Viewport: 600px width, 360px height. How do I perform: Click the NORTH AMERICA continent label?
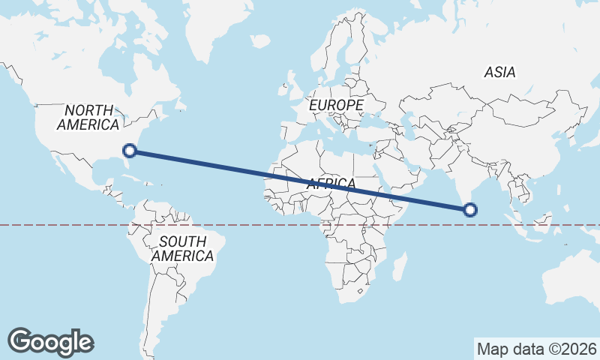(x=88, y=117)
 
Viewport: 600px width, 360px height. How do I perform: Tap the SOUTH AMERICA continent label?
(x=182, y=248)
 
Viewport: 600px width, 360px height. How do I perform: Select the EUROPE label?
(x=337, y=105)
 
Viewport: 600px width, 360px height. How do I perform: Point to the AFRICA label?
(x=331, y=184)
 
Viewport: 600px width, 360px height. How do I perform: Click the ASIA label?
(x=499, y=73)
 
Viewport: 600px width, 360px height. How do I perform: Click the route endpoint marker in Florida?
(x=130, y=151)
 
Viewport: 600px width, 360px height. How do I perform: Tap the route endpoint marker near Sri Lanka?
(x=470, y=210)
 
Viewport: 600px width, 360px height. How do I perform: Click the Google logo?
(x=50, y=342)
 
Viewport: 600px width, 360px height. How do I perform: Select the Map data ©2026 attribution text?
(x=536, y=349)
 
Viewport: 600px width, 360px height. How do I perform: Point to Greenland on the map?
(x=225, y=30)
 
